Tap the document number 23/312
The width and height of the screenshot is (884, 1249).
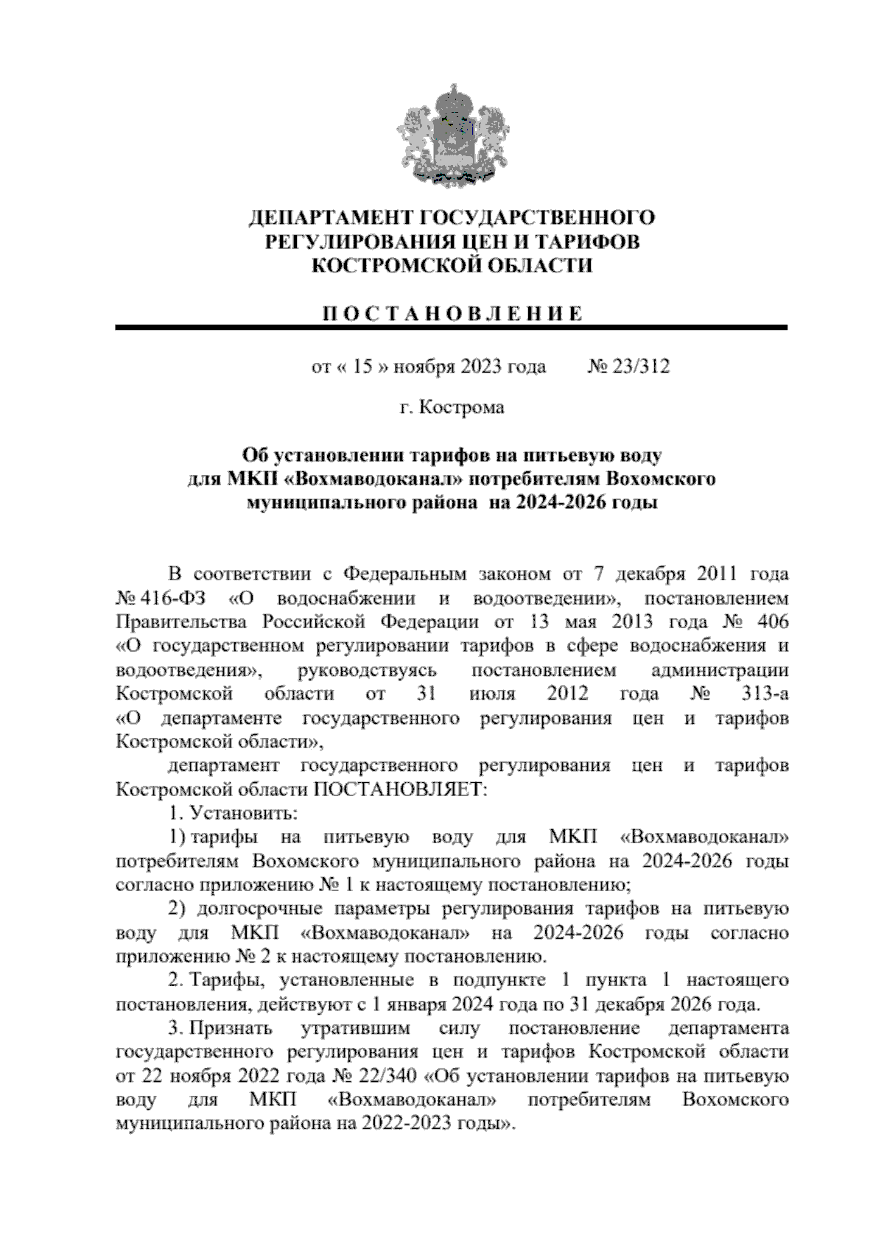640,367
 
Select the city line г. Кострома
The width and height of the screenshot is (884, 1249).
452,407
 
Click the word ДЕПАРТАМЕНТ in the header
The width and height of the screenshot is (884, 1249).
330,218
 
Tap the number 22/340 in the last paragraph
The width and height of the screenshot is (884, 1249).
387,1077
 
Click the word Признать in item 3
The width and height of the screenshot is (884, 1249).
231,1028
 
